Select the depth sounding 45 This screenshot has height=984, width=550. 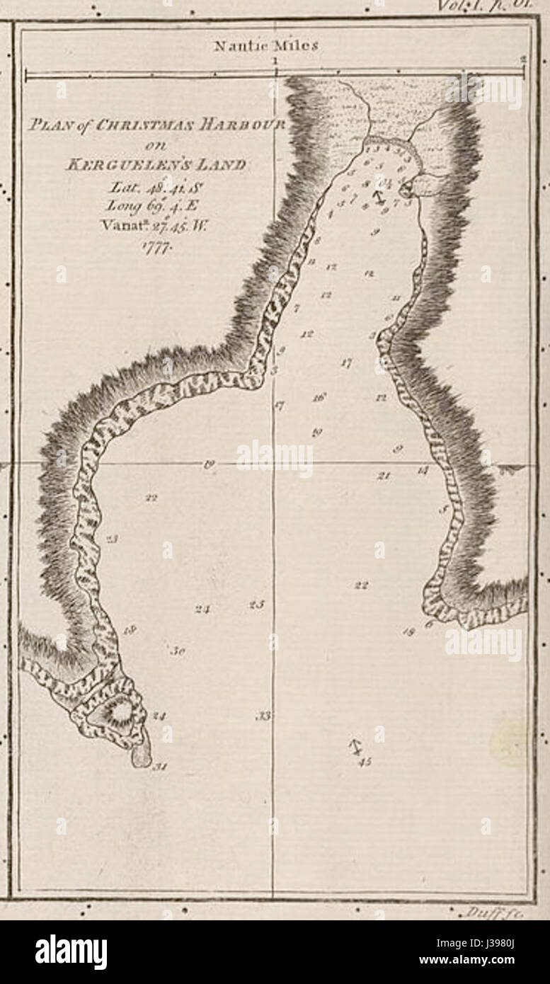[x=365, y=762]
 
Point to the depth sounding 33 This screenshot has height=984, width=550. [x=263, y=716]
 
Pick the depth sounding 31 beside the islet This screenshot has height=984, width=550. [x=160, y=767]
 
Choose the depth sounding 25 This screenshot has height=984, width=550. [x=256, y=605]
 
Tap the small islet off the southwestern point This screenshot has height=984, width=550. [x=142, y=753]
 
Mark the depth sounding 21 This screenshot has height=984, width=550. [x=384, y=476]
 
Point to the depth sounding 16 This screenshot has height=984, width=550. [x=319, y=398]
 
